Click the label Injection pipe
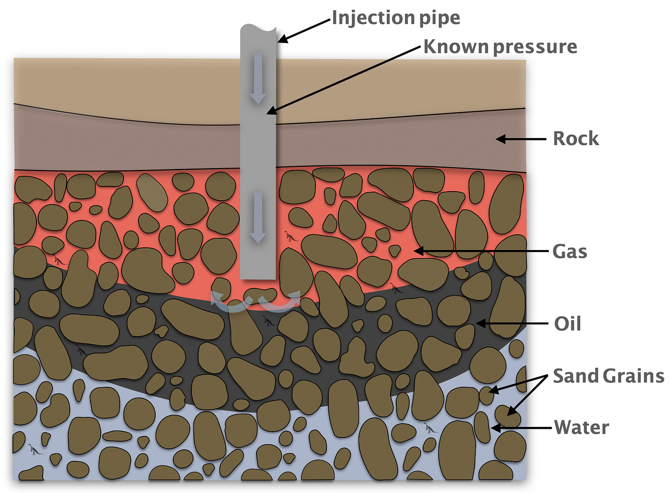point(396,18)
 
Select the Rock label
point(576,139)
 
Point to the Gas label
point(569,252)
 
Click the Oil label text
point(568,324)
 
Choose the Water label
point(581,427)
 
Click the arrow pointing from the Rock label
point(521,139)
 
